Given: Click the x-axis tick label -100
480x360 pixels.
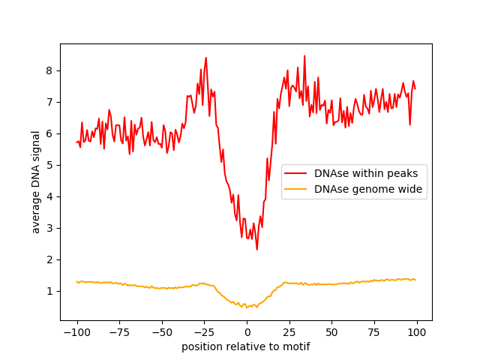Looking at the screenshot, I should point(76,332).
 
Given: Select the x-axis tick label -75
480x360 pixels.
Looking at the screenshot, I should point(119,332).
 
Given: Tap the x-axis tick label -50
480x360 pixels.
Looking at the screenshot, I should point(161,332).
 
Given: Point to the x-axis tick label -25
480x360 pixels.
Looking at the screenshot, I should point(204,332).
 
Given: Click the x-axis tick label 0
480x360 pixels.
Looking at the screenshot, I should point(247,332).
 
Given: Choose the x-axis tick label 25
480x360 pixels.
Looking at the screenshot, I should point(289,332).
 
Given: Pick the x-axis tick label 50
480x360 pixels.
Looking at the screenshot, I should point(331,332).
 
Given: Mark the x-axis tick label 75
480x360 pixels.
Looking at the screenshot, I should point(374,332).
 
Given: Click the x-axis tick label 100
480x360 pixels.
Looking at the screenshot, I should point(417,332).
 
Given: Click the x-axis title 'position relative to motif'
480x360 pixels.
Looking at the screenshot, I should point(246,346).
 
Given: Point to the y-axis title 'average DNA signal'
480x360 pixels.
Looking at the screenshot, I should point(36,181).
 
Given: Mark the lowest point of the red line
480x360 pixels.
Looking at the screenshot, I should point(256,250).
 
